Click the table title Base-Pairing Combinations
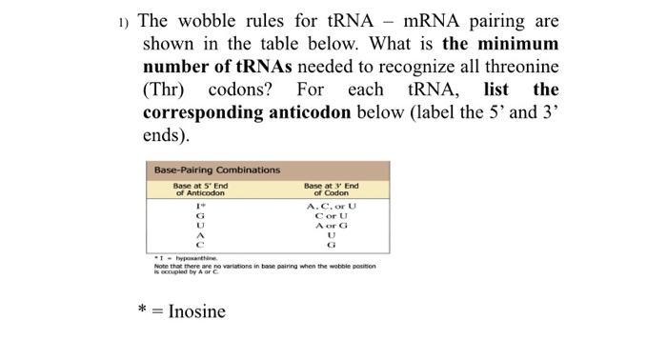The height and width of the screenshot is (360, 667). point(217,170)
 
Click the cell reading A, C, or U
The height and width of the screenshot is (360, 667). point(332,206)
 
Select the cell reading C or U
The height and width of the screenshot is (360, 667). point(332,216)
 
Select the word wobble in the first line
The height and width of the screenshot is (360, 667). point(219,21)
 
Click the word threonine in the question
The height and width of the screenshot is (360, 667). point(515,67)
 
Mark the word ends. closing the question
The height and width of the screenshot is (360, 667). point(163,135)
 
